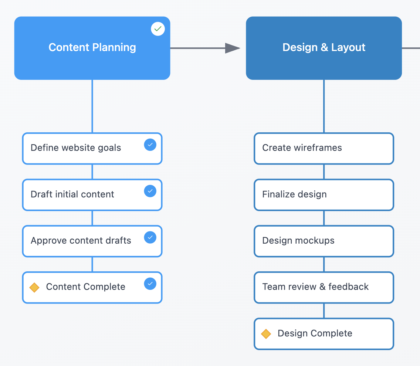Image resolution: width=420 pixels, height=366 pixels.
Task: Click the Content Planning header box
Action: point(92,48)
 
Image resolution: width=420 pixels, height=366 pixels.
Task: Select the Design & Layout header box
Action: point(324,48)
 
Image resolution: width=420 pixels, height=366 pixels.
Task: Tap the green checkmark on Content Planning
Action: point(158,29)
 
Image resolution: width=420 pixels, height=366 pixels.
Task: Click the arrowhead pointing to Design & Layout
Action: point(233,48)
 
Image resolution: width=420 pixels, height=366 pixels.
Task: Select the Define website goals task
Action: point(92,149)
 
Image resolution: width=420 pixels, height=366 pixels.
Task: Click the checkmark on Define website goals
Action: point(150,145)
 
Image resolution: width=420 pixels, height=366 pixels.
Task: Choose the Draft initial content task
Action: point(92,195)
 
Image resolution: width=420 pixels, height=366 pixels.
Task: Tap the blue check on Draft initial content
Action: point(150,191)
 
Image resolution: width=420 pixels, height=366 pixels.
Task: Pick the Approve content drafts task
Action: point(92,241)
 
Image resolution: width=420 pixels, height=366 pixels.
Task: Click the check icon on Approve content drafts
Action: point(150,237)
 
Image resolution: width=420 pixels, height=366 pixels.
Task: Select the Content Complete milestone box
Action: point(92,288)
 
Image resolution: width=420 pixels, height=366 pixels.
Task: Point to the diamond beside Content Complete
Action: point(34,288)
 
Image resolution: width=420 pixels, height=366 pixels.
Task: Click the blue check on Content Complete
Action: point(150,284)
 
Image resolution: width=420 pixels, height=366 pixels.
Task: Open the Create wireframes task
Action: point(324,149)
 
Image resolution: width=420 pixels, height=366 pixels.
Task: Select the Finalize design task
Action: point(324,195)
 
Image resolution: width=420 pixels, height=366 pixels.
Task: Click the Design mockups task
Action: point(324,241)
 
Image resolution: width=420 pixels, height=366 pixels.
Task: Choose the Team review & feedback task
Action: point(324,288)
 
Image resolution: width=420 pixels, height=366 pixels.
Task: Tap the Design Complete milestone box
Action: point(324,334)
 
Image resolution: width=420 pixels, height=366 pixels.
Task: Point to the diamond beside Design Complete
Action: point(266,334)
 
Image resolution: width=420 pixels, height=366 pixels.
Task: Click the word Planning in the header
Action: point(114,48)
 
